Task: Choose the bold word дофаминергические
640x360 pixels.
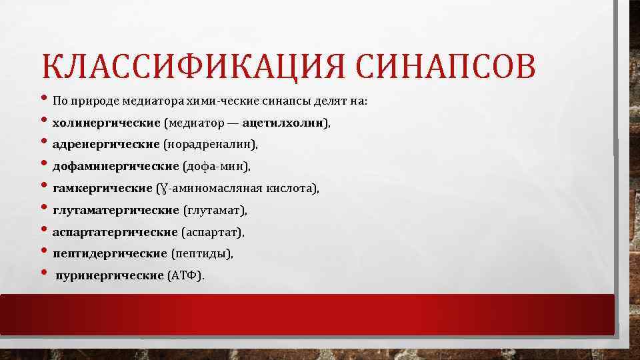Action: click(115, 166)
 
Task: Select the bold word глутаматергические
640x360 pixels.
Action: click(116, 211)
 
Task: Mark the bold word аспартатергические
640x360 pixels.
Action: click(115, 232)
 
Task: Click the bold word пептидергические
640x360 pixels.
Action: click(109, 254)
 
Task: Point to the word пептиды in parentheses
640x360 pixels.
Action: click(201, 254)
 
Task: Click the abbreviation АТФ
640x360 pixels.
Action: click(188, 275)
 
